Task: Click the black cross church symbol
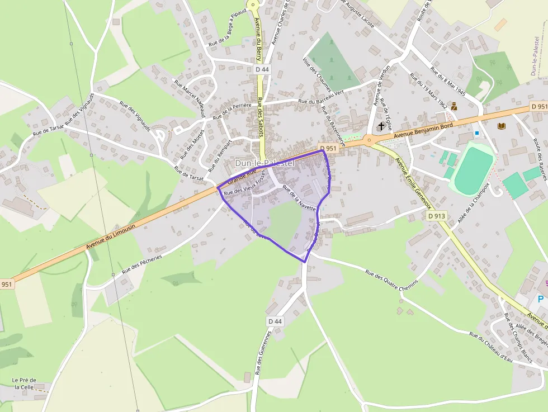click(x=381, y=126)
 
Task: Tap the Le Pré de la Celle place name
click(x=23, y=383)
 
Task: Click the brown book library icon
click(x=501, y=126)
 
